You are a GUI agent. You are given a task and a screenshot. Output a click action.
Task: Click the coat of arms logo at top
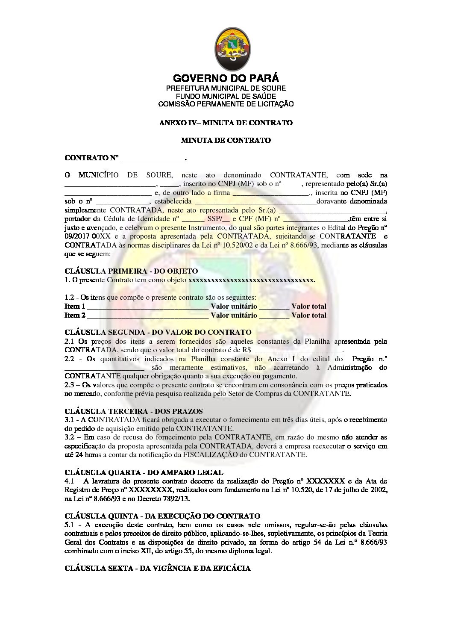pos(232,49)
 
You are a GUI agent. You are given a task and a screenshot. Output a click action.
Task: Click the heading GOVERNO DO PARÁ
pos(226,78)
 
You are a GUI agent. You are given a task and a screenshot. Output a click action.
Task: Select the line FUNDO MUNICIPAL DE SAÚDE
pos(226,96)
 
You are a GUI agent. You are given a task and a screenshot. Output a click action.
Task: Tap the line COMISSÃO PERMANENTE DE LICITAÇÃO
pos(226,104)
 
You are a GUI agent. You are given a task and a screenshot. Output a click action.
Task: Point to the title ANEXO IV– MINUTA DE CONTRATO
pos(226,123)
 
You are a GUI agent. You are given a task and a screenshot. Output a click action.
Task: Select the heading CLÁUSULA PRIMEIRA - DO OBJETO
pos(131,271)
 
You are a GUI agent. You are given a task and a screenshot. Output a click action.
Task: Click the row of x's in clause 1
pos(251,280)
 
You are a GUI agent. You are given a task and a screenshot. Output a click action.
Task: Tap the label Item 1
pos(75,307)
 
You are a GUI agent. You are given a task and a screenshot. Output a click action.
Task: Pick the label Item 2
pos(75,316)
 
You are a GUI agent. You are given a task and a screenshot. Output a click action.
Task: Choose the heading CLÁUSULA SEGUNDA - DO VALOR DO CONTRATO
pos(158,332)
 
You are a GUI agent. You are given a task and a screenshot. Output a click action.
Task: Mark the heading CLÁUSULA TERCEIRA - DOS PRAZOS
pos(134,411)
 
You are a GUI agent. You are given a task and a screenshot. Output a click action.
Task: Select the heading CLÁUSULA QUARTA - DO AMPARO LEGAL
pos(144,472)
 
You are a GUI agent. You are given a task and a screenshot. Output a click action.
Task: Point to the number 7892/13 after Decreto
pos(176,498)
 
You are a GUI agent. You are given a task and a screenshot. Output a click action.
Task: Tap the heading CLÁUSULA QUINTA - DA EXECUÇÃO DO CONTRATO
pos(162,516)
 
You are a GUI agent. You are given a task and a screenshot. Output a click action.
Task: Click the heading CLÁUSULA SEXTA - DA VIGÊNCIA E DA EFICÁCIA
pos(158,568)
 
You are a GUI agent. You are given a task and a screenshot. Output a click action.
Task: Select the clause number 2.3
pos(70,385)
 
